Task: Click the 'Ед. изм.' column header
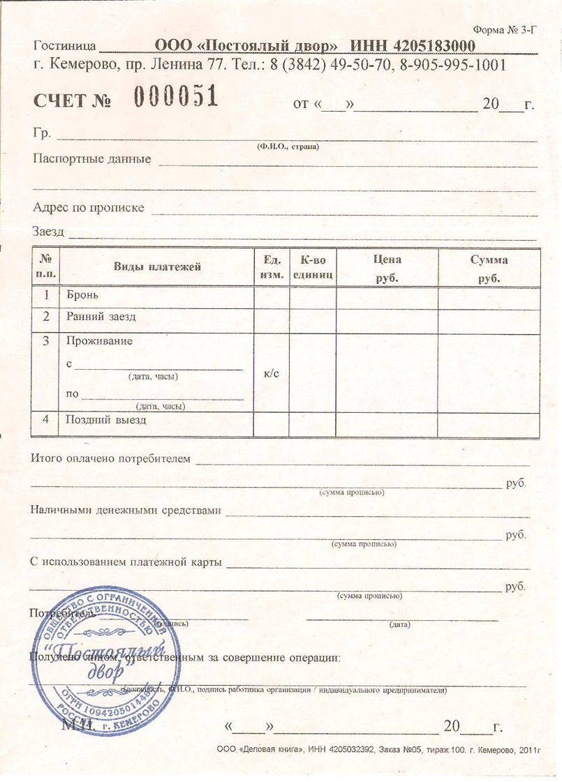tap(271, 267)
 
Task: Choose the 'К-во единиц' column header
tap(313, 267)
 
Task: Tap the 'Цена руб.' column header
tap(387, 267)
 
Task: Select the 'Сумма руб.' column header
tap(489, 267)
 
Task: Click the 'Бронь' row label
tap(82, 295)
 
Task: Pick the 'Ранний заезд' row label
tap(101, 317)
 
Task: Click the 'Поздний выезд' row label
tap(106, 420)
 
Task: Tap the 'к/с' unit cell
tap(272, 373)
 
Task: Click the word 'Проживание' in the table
tap(98, 341)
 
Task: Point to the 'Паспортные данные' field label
tap(92, 158)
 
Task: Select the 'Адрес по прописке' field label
tap(89, 208)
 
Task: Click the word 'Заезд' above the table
tap(48, 231)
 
